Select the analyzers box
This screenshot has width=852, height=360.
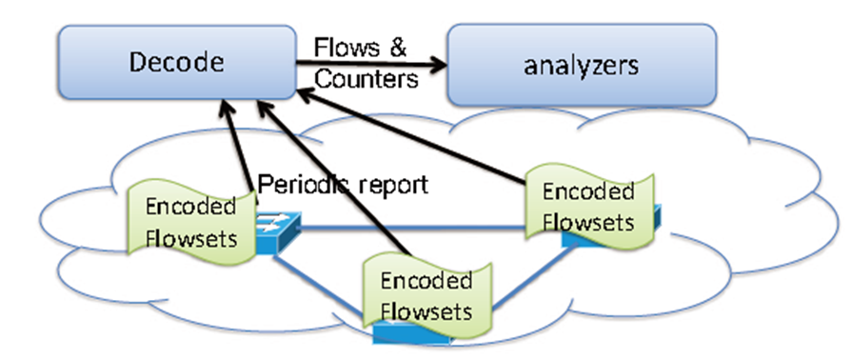[x=582, y=65]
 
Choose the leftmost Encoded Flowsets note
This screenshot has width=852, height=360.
[x=191, y=221]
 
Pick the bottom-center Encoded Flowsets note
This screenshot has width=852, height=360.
[x=426, y=295]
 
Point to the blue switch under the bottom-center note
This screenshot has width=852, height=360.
[x=400, y=333]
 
